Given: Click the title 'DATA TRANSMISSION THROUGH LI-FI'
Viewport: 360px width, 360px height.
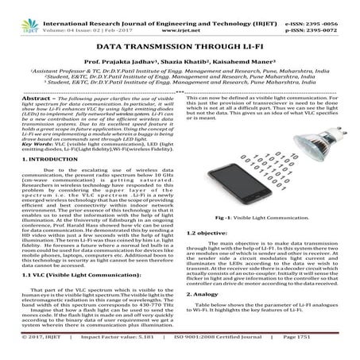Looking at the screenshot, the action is click(180, 49).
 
